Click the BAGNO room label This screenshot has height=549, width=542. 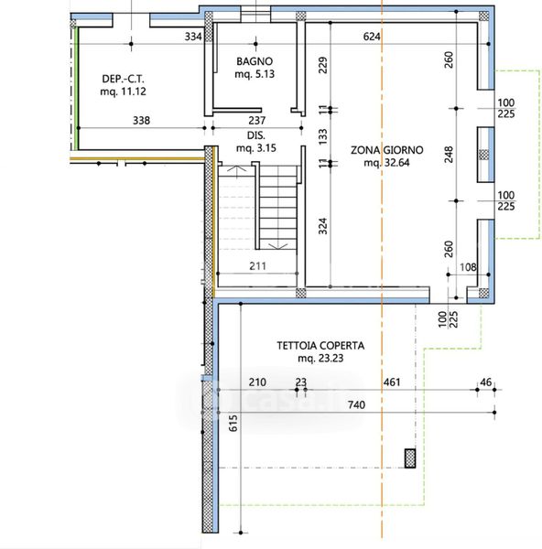(x=255, y=61)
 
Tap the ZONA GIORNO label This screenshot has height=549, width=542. (x=386, y=150)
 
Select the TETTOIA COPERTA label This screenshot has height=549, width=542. (x=320, y=346)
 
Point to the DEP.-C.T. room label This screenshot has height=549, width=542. (x=123, y=79)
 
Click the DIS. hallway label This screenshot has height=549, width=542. (x=256, y=135)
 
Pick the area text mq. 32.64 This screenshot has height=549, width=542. (x=386, y=163)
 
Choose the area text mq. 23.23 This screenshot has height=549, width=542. (x=320, y=358)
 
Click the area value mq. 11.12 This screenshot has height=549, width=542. (x=123, y=91)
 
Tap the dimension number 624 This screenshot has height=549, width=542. (x=372, y=37)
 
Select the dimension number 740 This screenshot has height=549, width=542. (x=357, y=405)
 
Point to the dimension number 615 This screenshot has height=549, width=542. (x=233, y=423)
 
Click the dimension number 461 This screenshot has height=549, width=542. (x=392, y=382)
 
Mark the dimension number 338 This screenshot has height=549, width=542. (x=141, y=121)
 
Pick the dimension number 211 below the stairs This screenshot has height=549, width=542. (x=257, y=266)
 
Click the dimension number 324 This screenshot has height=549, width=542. (x=322, y=226)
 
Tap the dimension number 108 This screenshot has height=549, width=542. (x=468, y=267)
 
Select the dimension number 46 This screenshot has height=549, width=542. (x=486, y=382)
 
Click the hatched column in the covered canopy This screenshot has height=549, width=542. (x=410, y=458)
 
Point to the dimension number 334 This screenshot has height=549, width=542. (x=193, y=37)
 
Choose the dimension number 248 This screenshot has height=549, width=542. (x=449, y=155)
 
